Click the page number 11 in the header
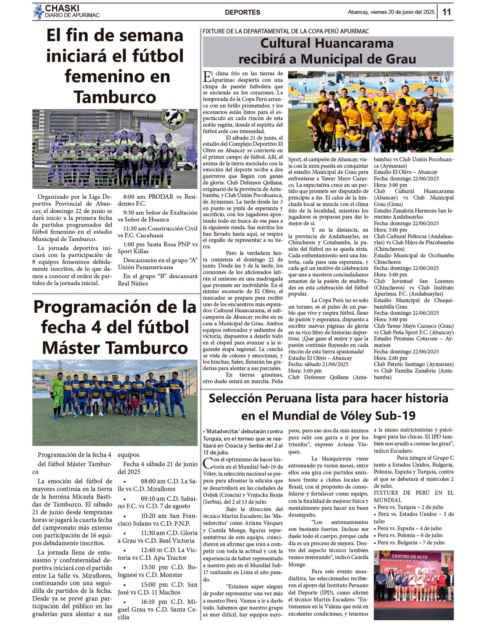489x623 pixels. pos(447,12)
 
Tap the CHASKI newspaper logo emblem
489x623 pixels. pos(39,12)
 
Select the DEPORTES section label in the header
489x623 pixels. pos(242,12)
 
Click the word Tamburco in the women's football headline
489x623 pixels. pos(115,97)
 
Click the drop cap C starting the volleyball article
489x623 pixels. pos(207,463)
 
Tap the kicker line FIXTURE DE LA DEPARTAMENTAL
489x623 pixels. pos(286,31)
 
